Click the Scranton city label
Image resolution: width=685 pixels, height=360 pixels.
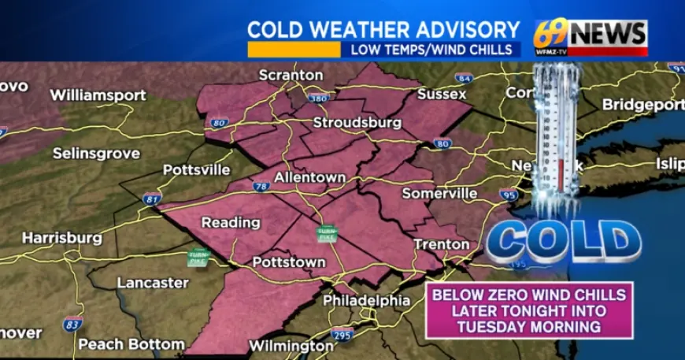pyautogui.click(x=291, y=75)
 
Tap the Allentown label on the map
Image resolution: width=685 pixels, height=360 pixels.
pyautogui.click(x=309, y=177)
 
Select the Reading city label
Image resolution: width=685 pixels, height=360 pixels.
pyautogui.click(x=231, y=222)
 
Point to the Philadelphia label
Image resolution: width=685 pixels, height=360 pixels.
pyautogui.click(x=366, y=300)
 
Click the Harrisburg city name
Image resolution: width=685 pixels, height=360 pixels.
pyautogui.click(x=61, y=237)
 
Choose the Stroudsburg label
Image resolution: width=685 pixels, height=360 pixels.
pyautogui.click(x=357, y=123)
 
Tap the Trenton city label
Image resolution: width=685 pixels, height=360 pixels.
pyautogui.click(x=442, y=244)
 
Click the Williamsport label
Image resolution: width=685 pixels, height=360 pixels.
pyautogui.click(x=98, y=95)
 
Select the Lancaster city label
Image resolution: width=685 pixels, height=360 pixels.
pyautogui.click(x=153, y=282)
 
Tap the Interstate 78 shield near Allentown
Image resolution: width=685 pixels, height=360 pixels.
pyautogui.click(x=261, y=187)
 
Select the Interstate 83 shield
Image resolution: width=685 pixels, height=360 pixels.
pyautogui.click(x=72, y=323)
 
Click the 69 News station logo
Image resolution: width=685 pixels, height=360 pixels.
pyautogui.click(x=590, y=35)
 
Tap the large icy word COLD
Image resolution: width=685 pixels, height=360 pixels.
pyautogui.click(x=563, y=241)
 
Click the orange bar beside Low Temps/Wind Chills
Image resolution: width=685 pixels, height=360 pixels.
pyautogui.click(x=293, y=49)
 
